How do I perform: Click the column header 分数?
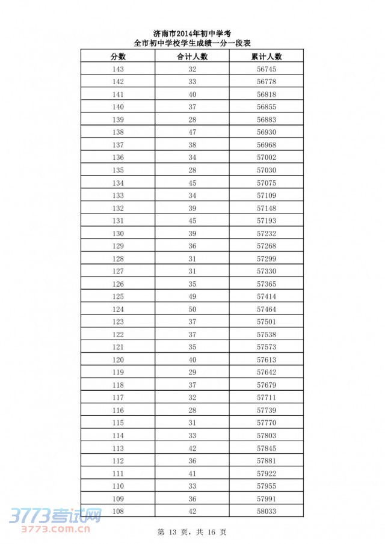click(118, 57)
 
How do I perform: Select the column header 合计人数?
click(192, 57)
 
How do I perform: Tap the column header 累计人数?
click(266, 57)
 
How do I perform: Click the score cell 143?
click(118, 69)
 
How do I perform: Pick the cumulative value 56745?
click(266, 69)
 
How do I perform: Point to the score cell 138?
click(118, 132)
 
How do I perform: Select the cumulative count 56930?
click(266, 132)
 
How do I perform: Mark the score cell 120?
click(118, 359)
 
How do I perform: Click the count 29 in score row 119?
click(192, 372)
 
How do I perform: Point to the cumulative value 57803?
click(266, 435)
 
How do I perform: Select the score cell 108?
click(118, 511)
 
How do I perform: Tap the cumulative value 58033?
click(266, 511)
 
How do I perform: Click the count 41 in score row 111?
click(192, 473)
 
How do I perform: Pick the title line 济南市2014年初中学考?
click(192, 34)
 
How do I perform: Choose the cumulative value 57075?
click(266, 183)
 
